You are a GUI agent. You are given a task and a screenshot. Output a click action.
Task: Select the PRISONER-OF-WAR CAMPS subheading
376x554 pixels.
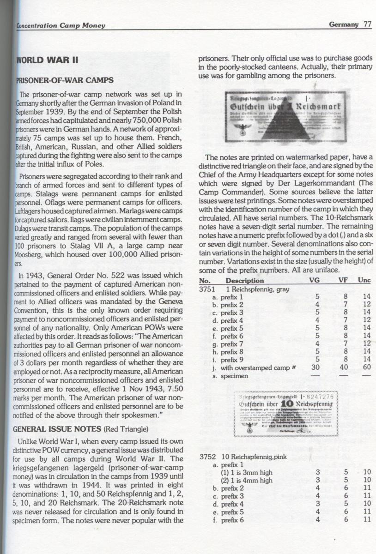coord(65,80)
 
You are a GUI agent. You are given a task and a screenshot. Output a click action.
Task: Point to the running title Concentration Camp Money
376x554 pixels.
coord(61,26)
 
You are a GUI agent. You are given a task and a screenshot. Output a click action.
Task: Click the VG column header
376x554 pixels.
coord(317,281)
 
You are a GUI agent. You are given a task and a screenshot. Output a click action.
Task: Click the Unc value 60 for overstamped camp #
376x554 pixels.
coord(367,367)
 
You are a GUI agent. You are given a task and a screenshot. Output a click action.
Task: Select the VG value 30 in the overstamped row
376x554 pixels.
coord(317,367)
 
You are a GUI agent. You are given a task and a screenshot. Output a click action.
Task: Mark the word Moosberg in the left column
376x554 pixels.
coord(32,255)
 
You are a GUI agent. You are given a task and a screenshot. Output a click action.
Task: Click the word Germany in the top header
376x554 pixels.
coord(344,24)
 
